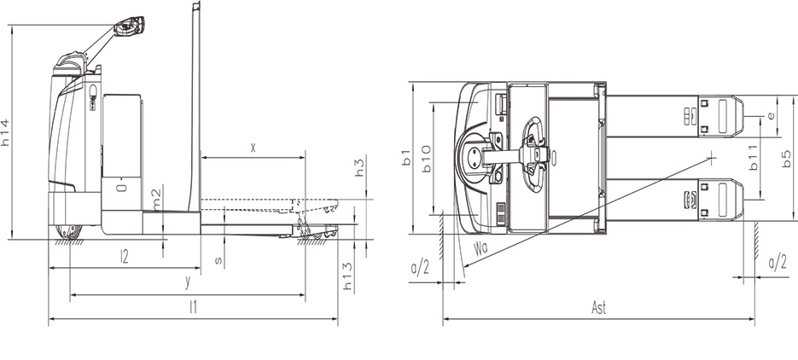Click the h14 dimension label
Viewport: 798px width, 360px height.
pos(6,132)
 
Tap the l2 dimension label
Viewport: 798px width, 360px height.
pos(124,256)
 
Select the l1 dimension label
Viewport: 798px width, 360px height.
pos(193,307)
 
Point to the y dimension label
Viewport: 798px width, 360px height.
pos(188,282)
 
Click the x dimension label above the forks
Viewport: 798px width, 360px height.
pos(253,148)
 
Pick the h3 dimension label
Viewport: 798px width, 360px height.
pos(360,167)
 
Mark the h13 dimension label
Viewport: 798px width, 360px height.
pos(347,276)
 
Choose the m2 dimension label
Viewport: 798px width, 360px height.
pos(156,200)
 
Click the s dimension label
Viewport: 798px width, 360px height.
pos(218,261)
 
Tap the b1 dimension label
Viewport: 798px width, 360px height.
pos(406,157)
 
